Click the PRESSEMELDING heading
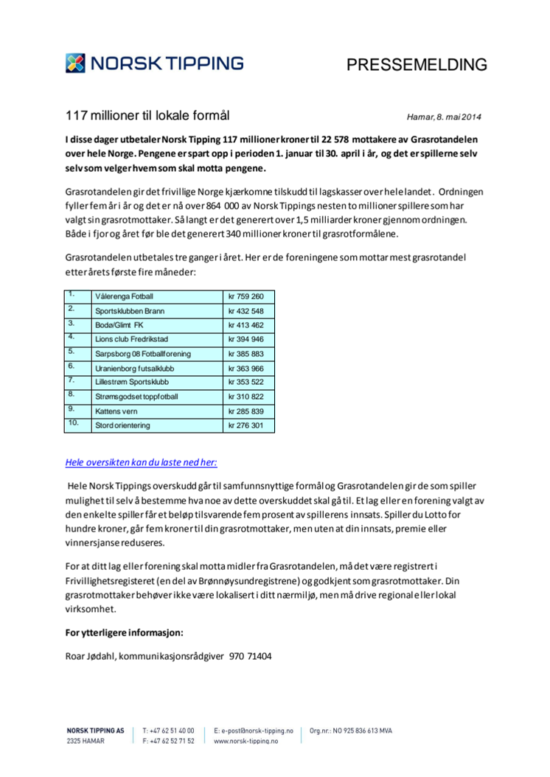point(417,65)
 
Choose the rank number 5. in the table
point(72,352)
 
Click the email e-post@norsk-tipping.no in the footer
point(256,731)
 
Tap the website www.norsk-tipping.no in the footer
point(246,741)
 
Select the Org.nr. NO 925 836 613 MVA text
point(351,731)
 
